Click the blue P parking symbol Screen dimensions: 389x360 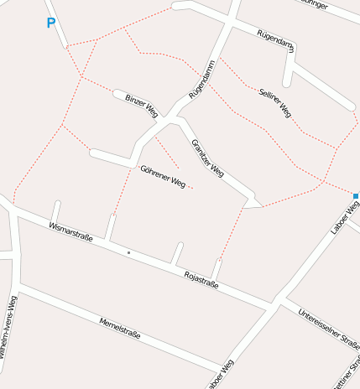(51, 23)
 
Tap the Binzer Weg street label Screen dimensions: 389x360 (141, 104)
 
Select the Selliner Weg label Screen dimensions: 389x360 (275, 101)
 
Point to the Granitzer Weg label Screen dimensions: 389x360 (207, 158)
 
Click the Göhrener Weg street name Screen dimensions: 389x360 (163, 176)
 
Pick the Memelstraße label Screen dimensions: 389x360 (119, 328)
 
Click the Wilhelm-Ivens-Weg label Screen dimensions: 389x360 (8, 328)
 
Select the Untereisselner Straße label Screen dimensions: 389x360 (329, 326)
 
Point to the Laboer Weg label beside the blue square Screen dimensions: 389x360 (345, 216)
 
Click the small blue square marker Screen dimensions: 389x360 (356, 196)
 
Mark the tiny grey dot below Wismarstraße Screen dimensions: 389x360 (128, 252)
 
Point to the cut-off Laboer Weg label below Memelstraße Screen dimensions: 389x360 (222, 376)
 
